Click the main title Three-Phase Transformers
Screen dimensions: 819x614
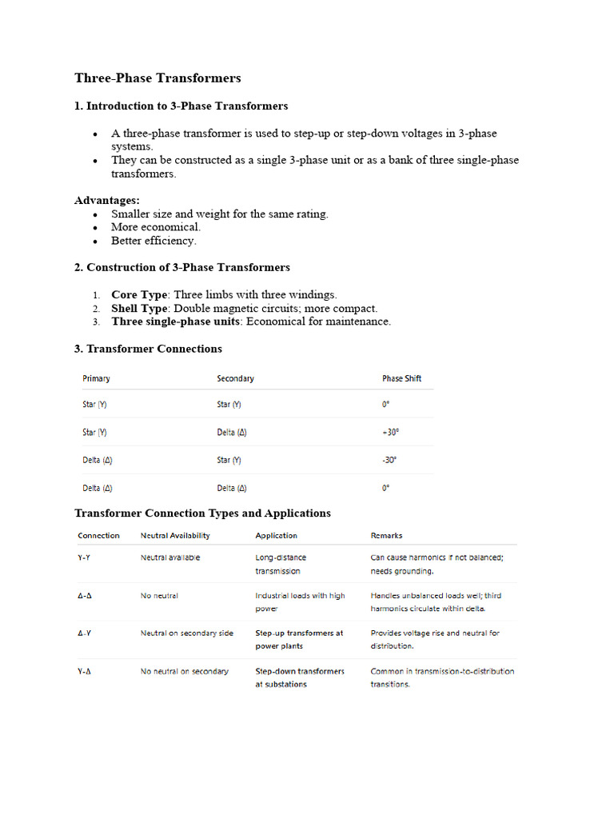[x=157, y=78]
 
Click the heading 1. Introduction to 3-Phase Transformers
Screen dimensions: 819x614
[x=181, y=106]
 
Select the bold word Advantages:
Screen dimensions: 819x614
[x=107, y=200]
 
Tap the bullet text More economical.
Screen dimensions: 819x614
[x=156, y=227]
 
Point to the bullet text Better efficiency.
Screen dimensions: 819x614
[x=153, y=241]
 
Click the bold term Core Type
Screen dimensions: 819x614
[x=139, y=295]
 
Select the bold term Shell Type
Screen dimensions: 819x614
[x=139, y=309]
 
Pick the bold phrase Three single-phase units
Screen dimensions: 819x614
[x=175, y=322]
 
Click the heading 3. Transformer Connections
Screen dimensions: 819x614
[x=148, y=349]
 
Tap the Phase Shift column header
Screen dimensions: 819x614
[x=401, y=378]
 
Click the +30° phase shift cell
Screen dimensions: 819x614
[x=390, y=432]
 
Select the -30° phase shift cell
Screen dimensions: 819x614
[x=389, y=460]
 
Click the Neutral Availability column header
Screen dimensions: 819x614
[x=175, y=536]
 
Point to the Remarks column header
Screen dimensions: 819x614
[x=386, y=536]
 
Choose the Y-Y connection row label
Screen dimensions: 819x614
[x=84, y=557]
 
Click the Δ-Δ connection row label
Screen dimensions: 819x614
[x=84, y=596]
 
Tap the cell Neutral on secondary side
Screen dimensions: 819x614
[x=187, y=633]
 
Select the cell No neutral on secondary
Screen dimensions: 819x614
[x=184, y=671]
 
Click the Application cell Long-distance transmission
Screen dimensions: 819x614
[x=280, y=564]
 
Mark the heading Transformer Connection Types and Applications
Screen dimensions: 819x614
[x=202, y=513]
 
